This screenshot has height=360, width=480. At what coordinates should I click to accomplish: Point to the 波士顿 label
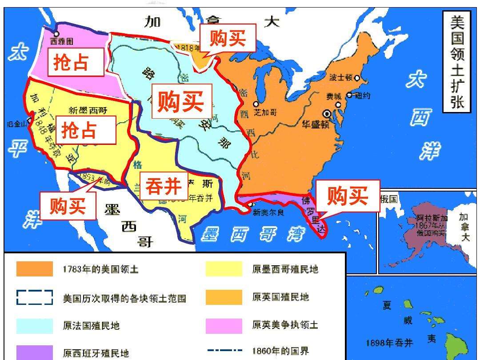point(340,77)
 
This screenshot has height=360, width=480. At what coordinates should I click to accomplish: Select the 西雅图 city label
point(61,41)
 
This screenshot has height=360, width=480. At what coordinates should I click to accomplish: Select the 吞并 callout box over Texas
point(164,187)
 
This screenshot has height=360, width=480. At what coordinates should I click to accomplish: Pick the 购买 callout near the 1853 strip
point(68,206)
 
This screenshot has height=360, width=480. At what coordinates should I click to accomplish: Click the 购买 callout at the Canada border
point(228,39)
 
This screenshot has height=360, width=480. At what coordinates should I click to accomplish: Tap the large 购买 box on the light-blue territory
point(181,102)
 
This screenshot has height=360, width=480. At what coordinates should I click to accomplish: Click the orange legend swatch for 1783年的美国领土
point(35,269)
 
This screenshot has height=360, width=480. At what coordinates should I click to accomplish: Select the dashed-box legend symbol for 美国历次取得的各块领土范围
point(35,297)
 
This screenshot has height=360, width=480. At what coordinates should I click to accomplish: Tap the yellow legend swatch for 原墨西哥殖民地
point(224,269)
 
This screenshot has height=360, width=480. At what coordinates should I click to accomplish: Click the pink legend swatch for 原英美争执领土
point(224,325)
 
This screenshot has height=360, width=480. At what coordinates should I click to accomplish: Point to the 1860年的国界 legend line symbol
point(224,351)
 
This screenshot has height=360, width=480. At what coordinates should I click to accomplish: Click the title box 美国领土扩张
point(457,62)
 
